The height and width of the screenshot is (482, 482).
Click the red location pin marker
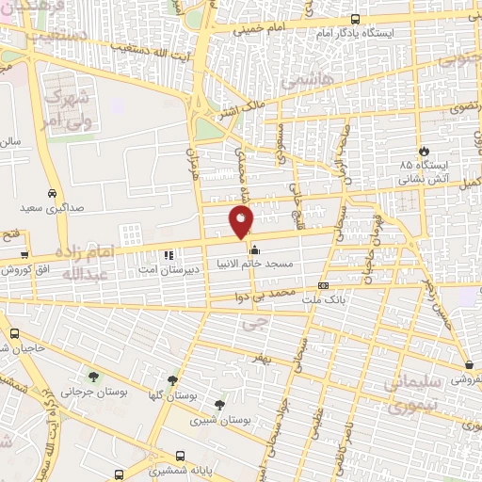coord(241,222)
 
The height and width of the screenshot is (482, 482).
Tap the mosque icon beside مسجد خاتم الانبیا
coord(254,251)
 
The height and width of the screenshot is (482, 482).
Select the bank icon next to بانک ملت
coord(324,285)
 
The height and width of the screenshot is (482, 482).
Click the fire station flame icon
coord(425,151)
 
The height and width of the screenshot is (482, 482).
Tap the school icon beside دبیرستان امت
coord(169,254)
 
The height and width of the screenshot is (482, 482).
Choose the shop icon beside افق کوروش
coord(24,255)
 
